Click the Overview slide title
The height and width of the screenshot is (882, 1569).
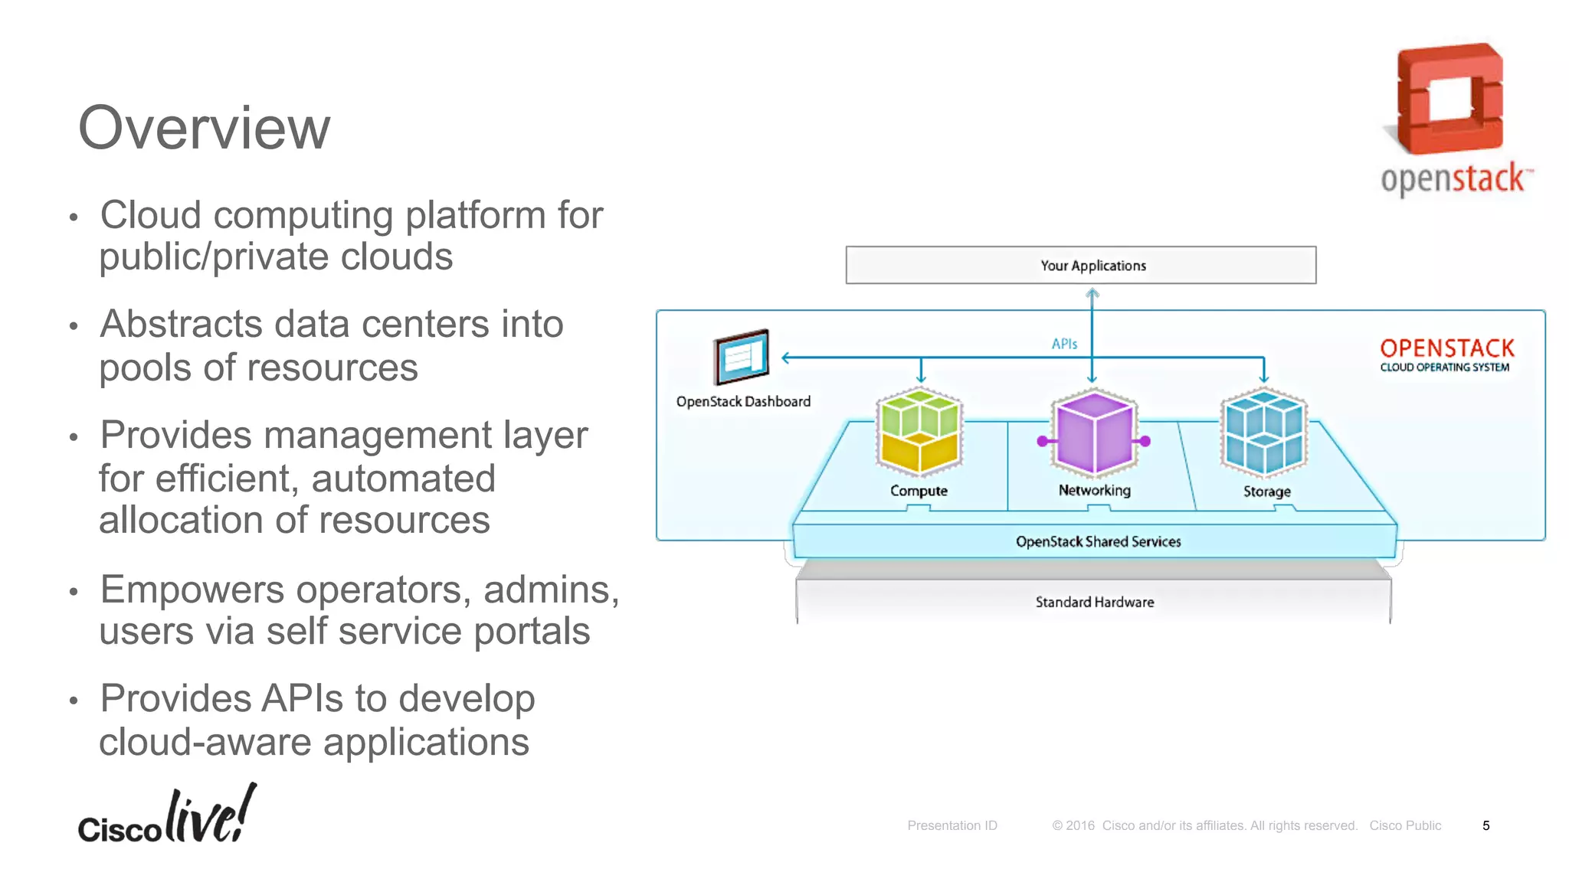(204, 128)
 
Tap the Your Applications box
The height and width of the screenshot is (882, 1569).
(1080, 265)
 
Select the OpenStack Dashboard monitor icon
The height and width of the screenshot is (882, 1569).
(741, 357)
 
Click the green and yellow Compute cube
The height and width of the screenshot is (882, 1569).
(919, 431)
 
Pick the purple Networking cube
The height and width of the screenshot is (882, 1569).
(1094, 433)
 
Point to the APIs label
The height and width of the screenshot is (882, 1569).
(1064, 345)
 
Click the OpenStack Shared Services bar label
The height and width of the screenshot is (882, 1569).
(1098, 541)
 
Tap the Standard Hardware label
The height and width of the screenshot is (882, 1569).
(1094, 603)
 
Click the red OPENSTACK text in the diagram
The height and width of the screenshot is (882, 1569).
(1446, 348)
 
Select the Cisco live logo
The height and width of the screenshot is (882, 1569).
(167, 816)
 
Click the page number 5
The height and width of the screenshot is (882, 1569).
(1485, 825)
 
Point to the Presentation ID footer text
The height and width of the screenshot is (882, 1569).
(952, 825)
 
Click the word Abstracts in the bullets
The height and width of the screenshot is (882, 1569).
(181, 325)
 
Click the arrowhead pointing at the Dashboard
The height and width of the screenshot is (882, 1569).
(786, 358)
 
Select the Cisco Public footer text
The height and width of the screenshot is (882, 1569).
(1404, 825)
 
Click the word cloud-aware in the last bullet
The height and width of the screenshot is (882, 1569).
(204, 742)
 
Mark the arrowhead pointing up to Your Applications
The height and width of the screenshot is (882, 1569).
(1092, 292)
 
